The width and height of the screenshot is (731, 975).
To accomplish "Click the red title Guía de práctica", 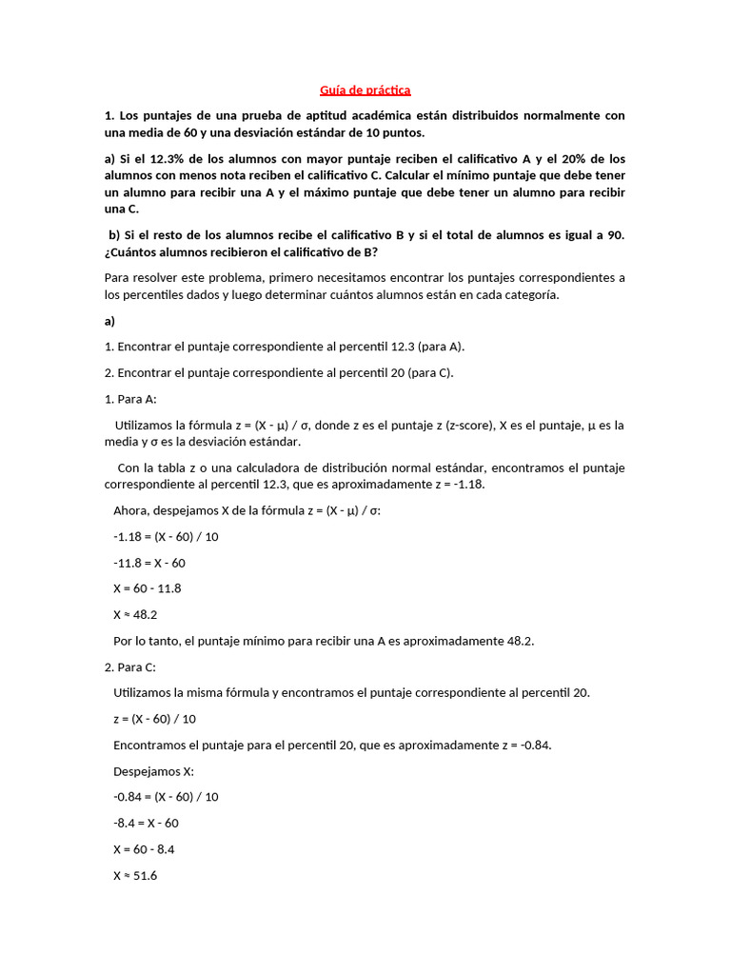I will [x=365, y=90].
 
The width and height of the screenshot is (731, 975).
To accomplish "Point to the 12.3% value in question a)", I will [x=156, y=159].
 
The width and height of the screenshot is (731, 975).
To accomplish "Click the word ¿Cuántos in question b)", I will [x=133, y=252].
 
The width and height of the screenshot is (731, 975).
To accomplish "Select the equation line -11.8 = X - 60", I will [x=148, y=563].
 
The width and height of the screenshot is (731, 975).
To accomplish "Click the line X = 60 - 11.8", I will [x=147, y=588].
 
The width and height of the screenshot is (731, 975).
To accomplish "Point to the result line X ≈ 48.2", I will [x=135, y=615].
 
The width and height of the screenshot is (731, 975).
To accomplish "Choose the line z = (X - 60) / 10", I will [x=154, y=719].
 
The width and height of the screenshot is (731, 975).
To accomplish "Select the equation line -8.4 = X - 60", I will [x=146, y=824].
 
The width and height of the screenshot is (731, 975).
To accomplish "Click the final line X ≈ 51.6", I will [x=135, y=876].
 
